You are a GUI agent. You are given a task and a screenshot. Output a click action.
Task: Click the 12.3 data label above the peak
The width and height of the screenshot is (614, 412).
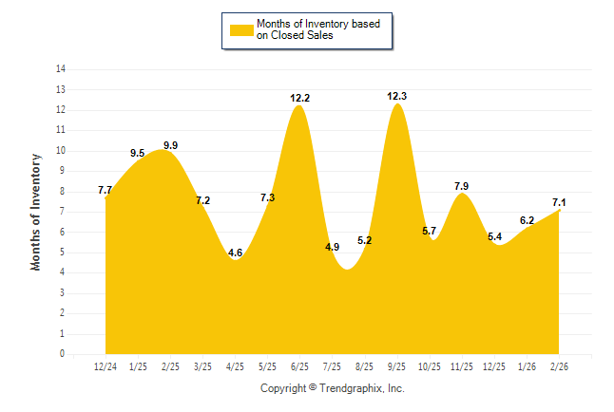(x=397, y=96)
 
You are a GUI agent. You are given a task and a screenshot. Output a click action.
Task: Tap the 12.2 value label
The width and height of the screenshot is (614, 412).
(x=300, y=97)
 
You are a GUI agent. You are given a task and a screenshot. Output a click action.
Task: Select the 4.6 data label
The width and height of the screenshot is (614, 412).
(x=236, y=253)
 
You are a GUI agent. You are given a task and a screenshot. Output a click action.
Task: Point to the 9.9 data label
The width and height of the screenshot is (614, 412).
(x=171, y=145)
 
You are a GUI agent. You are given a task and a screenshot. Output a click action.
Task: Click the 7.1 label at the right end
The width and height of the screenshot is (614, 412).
(x=559, y=202)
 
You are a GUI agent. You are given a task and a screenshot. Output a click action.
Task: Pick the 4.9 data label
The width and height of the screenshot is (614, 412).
(x=333, y=247)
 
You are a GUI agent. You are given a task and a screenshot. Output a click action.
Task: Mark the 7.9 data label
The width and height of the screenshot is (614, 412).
(x=462, y=186)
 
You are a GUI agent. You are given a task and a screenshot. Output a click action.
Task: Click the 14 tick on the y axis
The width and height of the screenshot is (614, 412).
(x=61, y=69)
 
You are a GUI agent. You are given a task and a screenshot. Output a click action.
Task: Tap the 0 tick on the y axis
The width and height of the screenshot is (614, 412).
(x=63, y=354)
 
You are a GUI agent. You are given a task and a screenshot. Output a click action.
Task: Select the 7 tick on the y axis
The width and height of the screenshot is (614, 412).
(x=63, y=212)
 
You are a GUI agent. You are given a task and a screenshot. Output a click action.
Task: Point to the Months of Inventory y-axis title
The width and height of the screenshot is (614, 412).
(x=36, y=212)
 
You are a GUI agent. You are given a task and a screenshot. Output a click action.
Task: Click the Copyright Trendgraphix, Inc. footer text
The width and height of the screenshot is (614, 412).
(x=333, y=388)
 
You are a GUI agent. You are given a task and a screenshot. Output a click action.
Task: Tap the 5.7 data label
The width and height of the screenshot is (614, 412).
(x=430, y=231)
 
